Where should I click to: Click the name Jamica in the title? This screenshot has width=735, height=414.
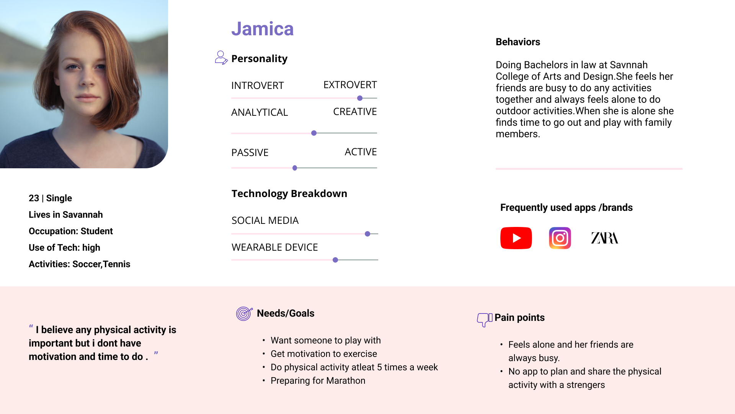point(263,29)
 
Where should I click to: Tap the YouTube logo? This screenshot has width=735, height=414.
point(516,238)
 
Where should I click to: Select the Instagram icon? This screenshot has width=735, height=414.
point(560,238)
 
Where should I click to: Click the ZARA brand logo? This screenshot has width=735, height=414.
point(605,238)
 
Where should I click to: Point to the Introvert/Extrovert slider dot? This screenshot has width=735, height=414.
point(360,98)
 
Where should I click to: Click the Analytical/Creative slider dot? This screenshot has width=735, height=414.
point(314,133)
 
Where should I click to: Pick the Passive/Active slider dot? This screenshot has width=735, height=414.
point(295,168)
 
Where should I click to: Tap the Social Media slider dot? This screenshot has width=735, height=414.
point(367,234)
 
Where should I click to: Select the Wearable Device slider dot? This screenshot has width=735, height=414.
point(335,260)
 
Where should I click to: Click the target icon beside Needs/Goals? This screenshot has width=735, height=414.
point(244,314)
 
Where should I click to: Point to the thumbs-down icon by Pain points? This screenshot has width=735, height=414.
point(485,319)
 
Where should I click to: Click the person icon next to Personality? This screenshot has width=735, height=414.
point(221,58)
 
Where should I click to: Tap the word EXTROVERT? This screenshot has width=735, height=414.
point(350,85)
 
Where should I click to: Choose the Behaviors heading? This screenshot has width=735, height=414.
point(518,42)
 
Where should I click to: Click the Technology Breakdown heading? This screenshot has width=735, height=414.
point(289,194)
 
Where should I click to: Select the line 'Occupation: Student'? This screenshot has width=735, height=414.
point(71,231)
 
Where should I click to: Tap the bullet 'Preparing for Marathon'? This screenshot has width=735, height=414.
point(318,381)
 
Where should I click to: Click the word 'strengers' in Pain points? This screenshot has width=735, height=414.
point(586,385)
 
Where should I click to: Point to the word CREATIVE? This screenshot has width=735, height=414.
point(355,112)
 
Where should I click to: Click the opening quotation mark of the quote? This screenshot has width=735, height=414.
point(31,327)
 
